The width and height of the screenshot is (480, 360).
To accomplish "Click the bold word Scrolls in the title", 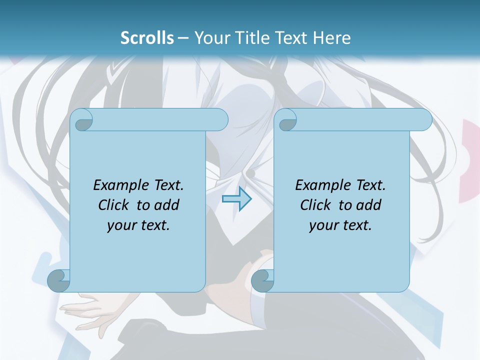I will point(147,37).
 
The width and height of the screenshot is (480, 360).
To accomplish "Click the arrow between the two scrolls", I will point(236,199).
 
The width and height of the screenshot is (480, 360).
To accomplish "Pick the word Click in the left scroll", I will point(109,205).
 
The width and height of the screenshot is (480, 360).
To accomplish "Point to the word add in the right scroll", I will point(369,205).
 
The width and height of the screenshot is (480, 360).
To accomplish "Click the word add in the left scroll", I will point(167,205).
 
